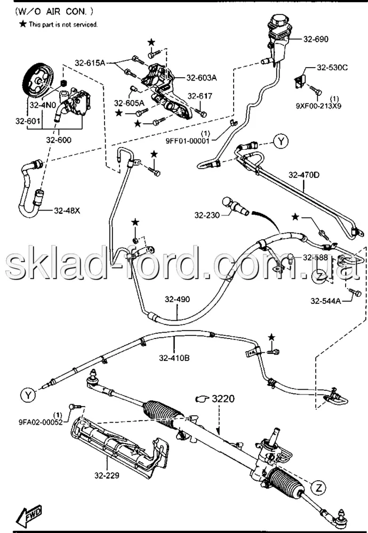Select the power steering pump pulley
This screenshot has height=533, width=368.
[38, 81]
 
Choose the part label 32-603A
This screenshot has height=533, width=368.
[202, 77]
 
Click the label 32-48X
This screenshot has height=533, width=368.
[67, 211]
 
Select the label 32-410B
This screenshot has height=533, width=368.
[174, 358]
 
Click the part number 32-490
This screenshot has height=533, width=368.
[178, 300]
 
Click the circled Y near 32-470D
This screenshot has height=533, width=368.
[281, 141]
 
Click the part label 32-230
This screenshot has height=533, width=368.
[207, 215]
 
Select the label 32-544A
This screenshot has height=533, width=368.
[326, 301]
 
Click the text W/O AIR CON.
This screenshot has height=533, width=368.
[54, 11]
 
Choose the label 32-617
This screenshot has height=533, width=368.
[200, 96]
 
